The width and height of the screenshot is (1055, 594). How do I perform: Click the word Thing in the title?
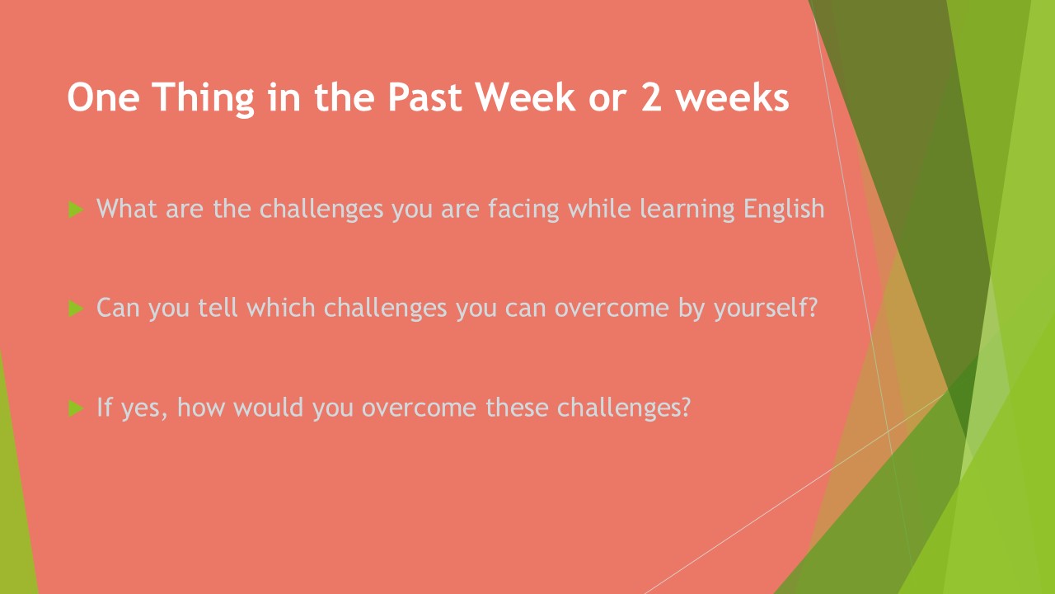(203, 98)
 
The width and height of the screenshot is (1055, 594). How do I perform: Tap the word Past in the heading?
(424, 97)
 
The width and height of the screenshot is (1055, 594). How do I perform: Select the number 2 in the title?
(651, 97)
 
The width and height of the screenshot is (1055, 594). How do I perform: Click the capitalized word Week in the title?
(525, 97)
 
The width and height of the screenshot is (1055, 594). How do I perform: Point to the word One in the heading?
(103, 97)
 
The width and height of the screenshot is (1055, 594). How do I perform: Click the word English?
(784, 209)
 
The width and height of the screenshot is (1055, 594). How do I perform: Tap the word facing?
(523, 209)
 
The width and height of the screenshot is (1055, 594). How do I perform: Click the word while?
(599, 208)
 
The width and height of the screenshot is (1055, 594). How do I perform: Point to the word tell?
(218, 308)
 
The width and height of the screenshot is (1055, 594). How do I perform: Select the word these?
(517, 408)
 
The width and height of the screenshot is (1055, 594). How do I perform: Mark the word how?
(200, 407)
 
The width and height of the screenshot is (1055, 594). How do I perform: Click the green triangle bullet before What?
(75, 210)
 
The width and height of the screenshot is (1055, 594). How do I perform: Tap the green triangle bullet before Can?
(75, 309)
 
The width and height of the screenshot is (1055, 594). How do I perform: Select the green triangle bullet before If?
(75, 408)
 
